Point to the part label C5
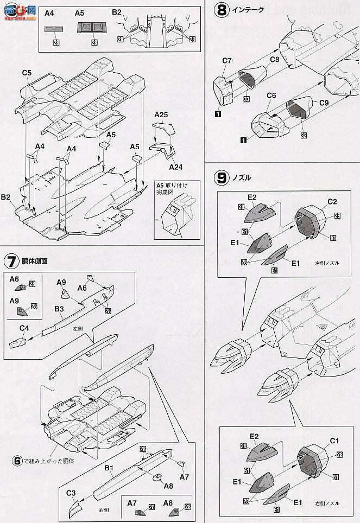point(27,72)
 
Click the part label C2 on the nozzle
point(332,202)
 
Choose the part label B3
point(60,309)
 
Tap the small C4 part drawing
point(17,342)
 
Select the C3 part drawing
point(74,509)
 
